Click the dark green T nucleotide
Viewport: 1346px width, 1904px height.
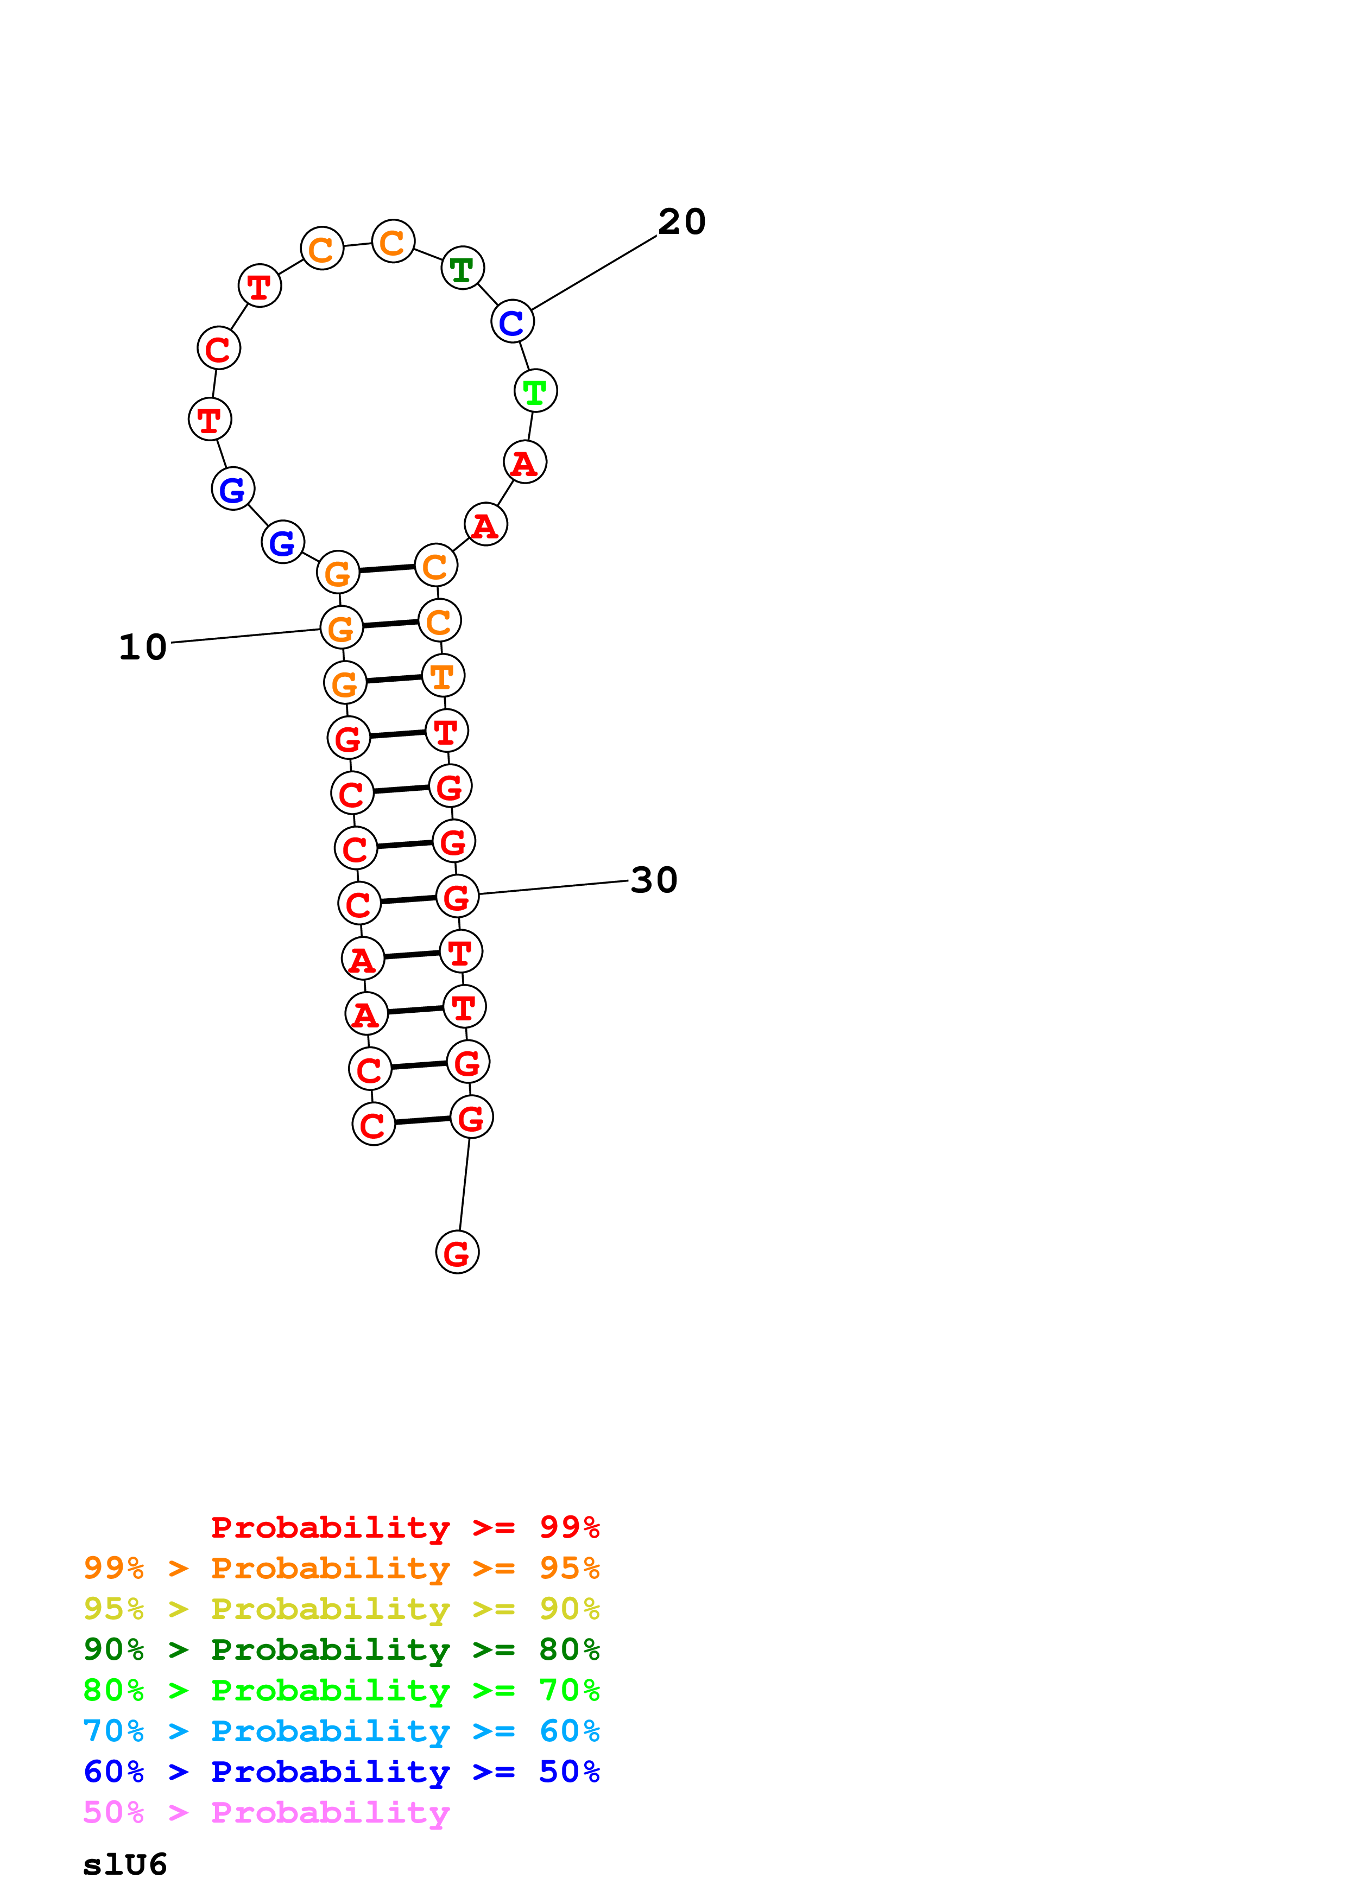click(462, 269)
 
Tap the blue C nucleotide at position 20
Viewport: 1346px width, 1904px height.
click(511, 322)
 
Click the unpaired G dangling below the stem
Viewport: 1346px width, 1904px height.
click(457, 1253)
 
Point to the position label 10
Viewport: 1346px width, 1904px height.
click(143, 648)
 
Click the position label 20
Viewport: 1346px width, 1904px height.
click(682, 222)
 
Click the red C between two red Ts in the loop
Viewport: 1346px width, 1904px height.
click(218, 348)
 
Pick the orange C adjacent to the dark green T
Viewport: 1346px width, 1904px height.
click(393, 242)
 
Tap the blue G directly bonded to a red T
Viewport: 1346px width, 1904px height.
click(233, 489)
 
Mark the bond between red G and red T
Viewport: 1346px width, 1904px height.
click(398, 735)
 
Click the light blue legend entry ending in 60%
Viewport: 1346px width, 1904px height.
click(341, 1731)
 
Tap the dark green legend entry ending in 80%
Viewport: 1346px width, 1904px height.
click(341, 1650)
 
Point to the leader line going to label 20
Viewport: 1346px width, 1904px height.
click(594, 273)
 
